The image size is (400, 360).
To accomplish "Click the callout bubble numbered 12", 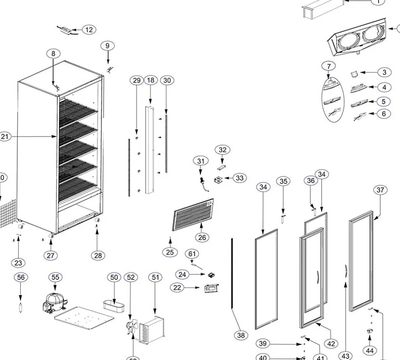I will [x=89, y=30].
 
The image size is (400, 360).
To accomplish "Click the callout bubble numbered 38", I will [x=241, y=335].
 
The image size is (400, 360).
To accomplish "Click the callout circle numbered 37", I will [x=380, y=190].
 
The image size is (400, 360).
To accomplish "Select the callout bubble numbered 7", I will [x=329, y=66].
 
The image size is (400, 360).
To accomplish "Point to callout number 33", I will [x=240, y=178].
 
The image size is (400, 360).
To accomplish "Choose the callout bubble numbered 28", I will [x=98, y=256].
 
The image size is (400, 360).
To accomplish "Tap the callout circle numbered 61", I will [x=192, y=253].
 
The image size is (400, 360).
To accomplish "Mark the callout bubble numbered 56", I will [x=21, y=277].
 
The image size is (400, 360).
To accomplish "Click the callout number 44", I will [x=370, y=351].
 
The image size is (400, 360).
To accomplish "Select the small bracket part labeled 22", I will [x=211, y=288].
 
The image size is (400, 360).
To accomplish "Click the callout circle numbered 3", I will [x=384, y=72].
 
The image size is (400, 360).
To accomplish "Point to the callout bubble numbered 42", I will [x=331, y=343].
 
